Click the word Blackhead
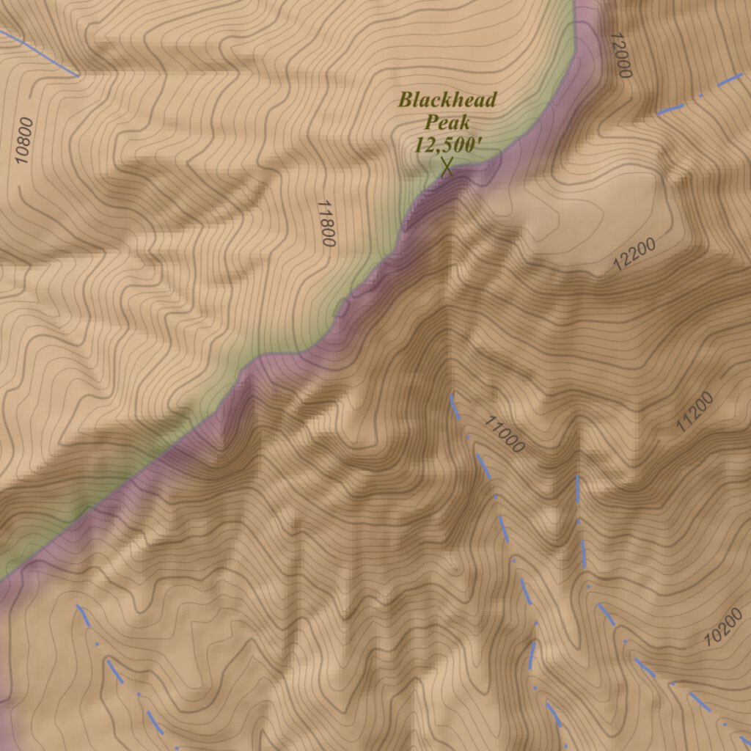pyautogui.click(x=447, y=100)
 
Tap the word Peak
pyautogui.click(x=447, y=122)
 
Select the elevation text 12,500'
pyautogui.click(x=447, y=144)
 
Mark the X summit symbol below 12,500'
pyautogui.click(x=447, y=167)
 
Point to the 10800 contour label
pyautogui.click(x=24, y=140)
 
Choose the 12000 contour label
pyautogui.click(x=620, y=56)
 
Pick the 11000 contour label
pyautogui.click(x=504, y=433)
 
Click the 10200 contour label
pyautogui.click(x=722, y=627)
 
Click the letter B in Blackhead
pyautogui.click(x=405, y=100)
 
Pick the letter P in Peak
pyautogui.click(x=431, y=122)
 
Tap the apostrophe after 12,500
pyautogui.click(x=480, y=141)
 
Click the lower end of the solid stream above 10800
pyautogui.click(x=78, y=75)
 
